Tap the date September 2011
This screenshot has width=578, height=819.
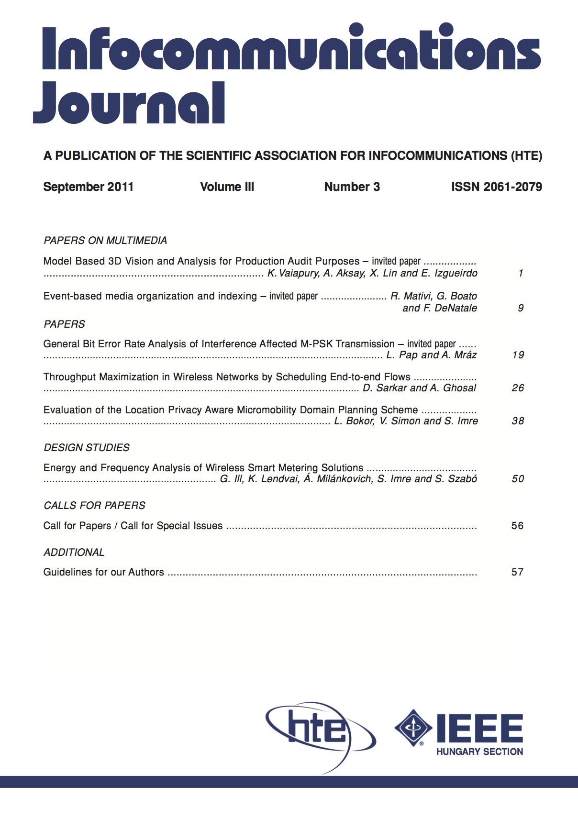(88, 187)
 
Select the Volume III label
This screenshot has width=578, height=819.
(227, 187)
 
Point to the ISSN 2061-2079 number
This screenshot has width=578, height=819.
(496, 187)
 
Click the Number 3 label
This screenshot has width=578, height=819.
(352, 187)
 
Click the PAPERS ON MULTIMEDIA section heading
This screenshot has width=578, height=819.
(105, 240)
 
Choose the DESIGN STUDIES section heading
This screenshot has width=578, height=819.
(87, 447)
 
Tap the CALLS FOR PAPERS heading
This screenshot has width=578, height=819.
(94, 505)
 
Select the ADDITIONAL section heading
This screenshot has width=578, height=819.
(74, 552)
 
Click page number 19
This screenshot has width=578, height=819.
(518, 355)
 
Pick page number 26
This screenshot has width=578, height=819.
(518, 388)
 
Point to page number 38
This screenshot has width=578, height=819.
(518, 421)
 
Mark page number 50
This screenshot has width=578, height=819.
(518, 479)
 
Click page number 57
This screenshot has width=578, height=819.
(517, 572)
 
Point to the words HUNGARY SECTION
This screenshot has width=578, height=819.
(479, 752)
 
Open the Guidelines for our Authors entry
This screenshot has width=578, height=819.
(104, 572)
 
